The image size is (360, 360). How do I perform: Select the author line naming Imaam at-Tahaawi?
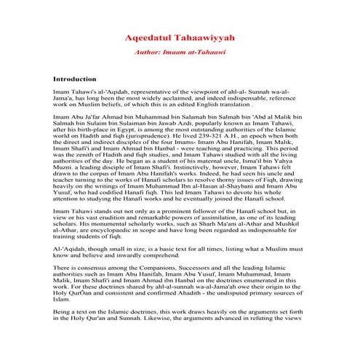(179, 53)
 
